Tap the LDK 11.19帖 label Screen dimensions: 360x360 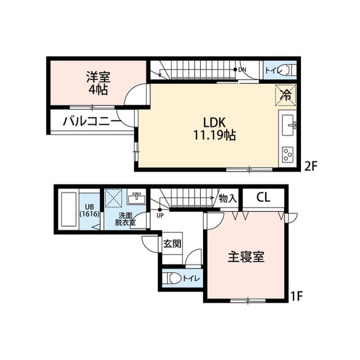click(215, 128)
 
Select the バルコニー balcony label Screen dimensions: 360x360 click(91, 120)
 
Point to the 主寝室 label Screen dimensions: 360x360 click(246, 257)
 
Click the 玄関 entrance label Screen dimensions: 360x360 click(172, 245)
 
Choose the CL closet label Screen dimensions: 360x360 click(263, 197)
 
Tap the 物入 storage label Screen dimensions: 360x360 click(228, 198)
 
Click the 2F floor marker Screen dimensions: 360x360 click(312, 166)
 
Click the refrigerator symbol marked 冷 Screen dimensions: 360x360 click(286, 94)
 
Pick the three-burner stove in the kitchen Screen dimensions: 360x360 click(289, 152)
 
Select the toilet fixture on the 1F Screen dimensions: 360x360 click(174, 278)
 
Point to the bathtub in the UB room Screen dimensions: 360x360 click(68, 210)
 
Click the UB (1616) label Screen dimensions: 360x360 click(89, 210)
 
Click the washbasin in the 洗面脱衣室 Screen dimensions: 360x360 click(136, 198)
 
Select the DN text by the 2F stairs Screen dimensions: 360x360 click(242, 70)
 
